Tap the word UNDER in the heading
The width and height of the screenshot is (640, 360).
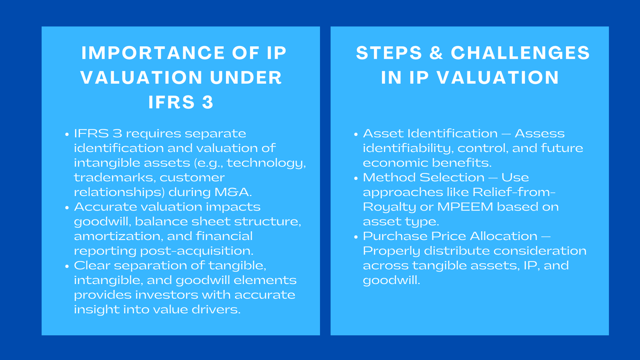pyautogui.click(x=246, y=78)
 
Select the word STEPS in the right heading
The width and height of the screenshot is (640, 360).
pyautogui.click(x=389, y=53)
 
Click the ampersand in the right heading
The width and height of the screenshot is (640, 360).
pyautogui.click(x=436, y=53)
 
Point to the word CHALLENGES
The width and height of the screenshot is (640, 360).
pyautogui.click(x=520, y=53)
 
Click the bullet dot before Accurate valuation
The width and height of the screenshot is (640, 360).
pyautogui.click(x=67, y=208)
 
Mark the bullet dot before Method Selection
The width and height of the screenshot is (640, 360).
pyautogui.click(x=356, y=178)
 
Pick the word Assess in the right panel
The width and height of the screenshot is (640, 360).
pyautogui.click(x=539, y=134)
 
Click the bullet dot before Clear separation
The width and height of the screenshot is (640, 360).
pyautogui.click(x=67, y=267)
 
